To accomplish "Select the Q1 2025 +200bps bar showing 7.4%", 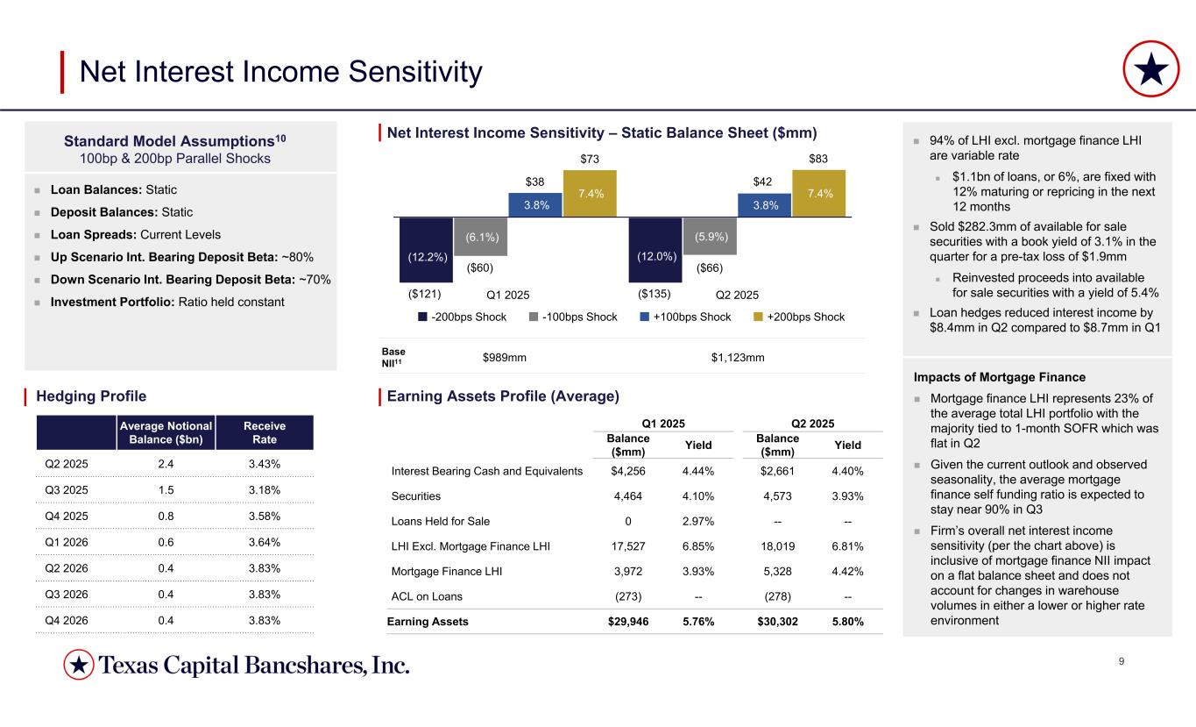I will pos(590,193).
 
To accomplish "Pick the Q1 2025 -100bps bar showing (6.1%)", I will pos(480,235).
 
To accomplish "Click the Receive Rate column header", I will pos(265,431).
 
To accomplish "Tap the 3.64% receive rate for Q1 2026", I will pos(265,541).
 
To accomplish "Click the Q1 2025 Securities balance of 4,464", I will pos(627,495).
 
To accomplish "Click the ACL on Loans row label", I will pos(428,597).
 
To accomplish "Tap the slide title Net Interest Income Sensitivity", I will pos(280,72).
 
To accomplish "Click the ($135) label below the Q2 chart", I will pos(654,294).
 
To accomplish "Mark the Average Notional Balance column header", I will pos(166,431).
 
